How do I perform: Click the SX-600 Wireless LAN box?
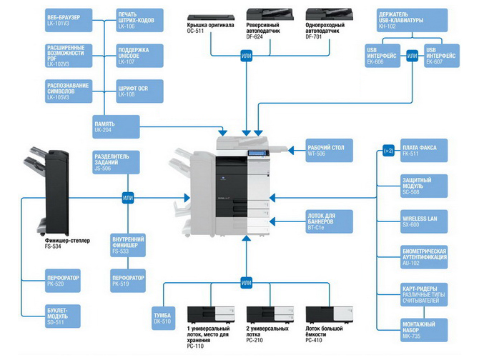click(x=423, y=221)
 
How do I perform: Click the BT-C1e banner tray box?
click(x=326, y=221)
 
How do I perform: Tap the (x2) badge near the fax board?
click(x=387, y=151)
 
